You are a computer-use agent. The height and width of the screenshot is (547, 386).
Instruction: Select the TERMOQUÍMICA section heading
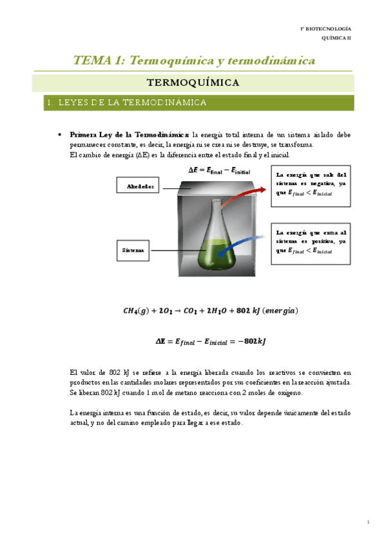pyautogui.click(x=193, y=83)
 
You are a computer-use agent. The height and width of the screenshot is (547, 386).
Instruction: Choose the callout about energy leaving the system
pyautogui.click(x=311, y=187)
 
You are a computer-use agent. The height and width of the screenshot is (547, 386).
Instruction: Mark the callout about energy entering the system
pyautogui.click(x=311, y=242)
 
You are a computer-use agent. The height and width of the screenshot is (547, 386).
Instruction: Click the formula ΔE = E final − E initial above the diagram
pyautogui.click(x=218, y=170)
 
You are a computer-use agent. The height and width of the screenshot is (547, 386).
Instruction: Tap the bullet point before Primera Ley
pyautogui.click(x=59, y=135)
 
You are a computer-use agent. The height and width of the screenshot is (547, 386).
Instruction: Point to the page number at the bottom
pyautogui.click(x=367, y=522)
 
